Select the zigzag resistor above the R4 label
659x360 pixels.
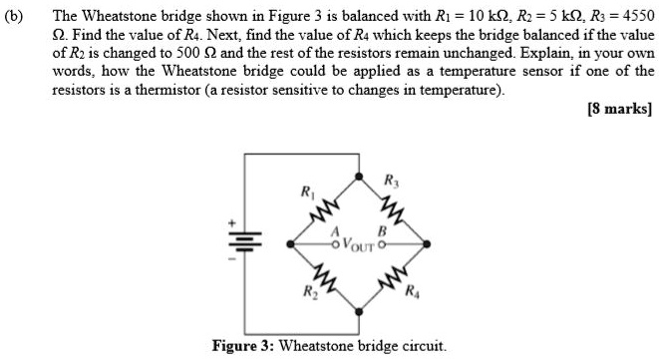coord(390,275)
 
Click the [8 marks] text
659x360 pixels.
coord(619,109)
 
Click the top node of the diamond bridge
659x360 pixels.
coord(357,177)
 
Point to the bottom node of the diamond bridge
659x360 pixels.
coord(357,309)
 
